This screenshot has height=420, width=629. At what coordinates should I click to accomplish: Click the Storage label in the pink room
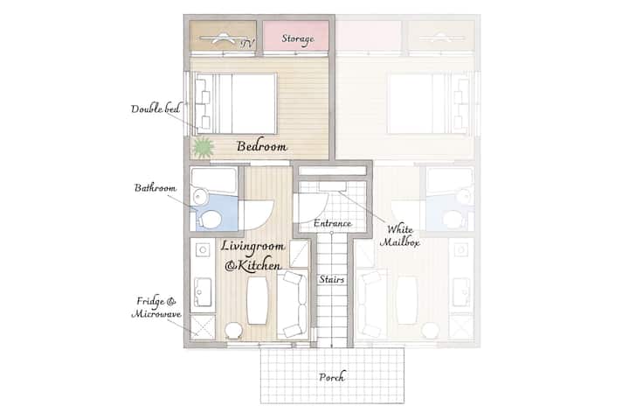(x=298, y=39)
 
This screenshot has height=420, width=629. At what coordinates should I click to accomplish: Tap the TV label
(x=247, y=44)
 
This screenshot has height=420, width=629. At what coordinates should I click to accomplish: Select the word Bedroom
(x=261, y=146)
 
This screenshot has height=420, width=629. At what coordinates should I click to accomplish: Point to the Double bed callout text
(x=156, y=108)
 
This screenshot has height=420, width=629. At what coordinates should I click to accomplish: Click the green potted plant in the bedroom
(x=203, y=147)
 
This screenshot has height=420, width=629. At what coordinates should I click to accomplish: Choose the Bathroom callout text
(x=156, y=188)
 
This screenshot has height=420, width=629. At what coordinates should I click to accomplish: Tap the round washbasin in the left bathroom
(x=199, y=197)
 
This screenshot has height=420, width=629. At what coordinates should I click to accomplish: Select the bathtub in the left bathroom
(x=214, y=179)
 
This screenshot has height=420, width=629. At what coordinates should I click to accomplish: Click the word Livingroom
(x=252, y=247)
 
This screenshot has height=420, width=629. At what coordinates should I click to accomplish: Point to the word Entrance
(x=333, y=223)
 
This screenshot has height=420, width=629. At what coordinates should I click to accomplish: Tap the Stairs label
(x=332, y=279)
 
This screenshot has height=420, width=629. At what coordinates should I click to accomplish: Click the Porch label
(x=332, y=377)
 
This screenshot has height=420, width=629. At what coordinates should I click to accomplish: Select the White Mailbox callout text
(x=399, y=235)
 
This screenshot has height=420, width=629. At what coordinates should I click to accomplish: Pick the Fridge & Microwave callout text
(x=156, y=307)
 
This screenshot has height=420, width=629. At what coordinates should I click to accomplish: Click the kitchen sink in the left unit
(x=203, y=292)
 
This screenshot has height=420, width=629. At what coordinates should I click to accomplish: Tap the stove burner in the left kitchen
(x=203, y=250)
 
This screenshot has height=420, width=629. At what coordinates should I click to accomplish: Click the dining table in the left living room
(x=258, y=300)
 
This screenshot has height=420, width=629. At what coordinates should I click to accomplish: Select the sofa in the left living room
(x=292, y=304)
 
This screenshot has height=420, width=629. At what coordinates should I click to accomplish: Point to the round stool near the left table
(x=233, y=331)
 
